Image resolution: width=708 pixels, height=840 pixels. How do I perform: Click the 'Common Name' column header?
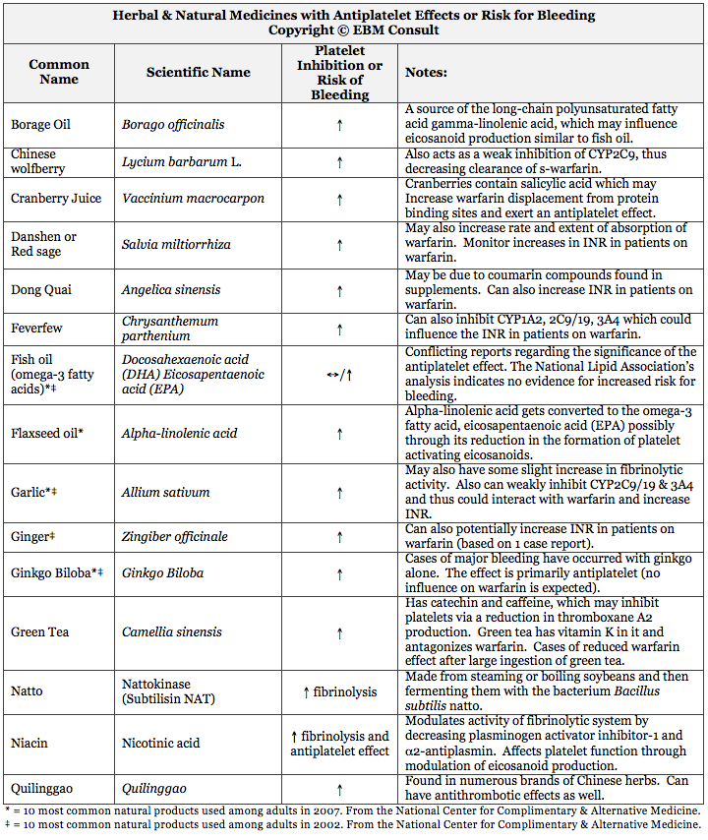[x=58, y=72]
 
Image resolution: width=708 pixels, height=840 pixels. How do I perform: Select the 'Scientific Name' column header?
[x=198, y=72]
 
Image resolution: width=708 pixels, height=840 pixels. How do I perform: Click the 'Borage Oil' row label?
[x=40, y=125]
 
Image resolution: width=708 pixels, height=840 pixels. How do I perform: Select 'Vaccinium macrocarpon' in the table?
[x=193, y=198]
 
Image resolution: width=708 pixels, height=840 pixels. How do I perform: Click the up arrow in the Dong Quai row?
[x=339, y=290]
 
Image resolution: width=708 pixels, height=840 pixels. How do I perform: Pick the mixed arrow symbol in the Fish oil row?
[x=339, y=375]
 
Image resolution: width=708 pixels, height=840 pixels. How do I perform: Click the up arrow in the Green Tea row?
[x=339, y=631]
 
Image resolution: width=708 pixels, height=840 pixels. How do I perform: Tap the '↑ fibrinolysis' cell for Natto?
[x=339, y=691]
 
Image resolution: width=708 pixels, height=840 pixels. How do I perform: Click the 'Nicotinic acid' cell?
[x=161, y=743]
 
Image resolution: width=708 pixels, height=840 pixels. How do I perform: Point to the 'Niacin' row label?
[x=30, y=743]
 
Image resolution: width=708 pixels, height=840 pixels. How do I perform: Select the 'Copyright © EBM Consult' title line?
[x=353, y=30]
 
